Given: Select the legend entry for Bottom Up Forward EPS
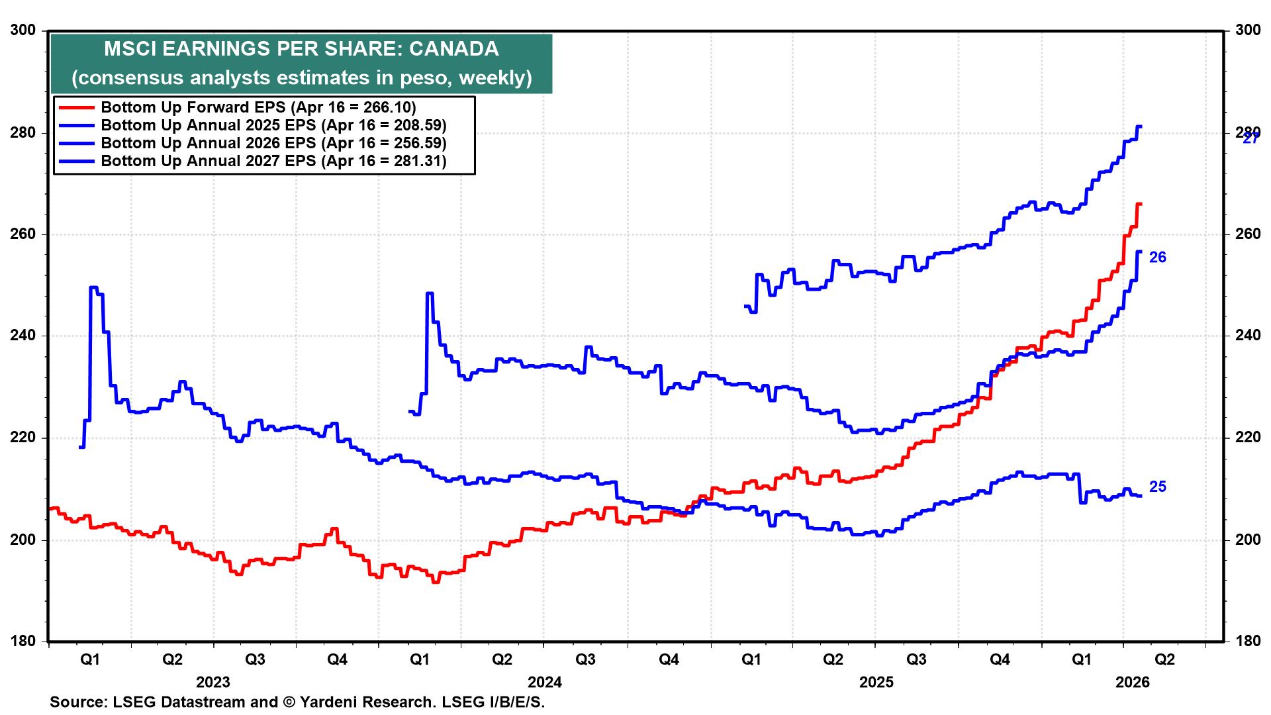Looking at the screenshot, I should click(x=258, y=107).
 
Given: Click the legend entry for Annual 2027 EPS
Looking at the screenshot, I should click(x=273, y=161).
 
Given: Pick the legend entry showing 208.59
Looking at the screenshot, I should click(x=273, y=125).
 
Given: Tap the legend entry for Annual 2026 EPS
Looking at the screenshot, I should click(x=273, y=143).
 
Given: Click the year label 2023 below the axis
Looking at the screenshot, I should click(x=213, y=682).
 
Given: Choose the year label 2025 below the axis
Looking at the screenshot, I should click(x=876, y=682).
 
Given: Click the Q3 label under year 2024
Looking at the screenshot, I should click(x=585, y=659).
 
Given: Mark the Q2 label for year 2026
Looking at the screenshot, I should click(x=1164, y=659).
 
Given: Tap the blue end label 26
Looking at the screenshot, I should click(x=1157, y=258).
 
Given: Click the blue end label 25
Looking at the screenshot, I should click(x=1157, y=487).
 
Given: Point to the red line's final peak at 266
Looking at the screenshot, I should click(x=1139, y=204).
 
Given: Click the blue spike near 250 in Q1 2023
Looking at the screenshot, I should click(x=93, y=287).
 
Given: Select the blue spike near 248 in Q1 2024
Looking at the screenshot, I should click(x=430, y=293).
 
